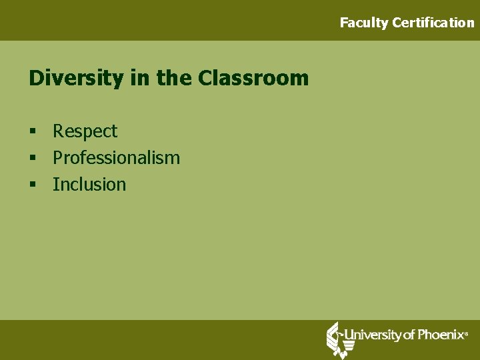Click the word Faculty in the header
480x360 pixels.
click(364, 23)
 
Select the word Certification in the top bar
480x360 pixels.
click(433, 23)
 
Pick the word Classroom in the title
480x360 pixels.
click(253, 79)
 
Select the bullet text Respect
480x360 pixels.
click(85, 131)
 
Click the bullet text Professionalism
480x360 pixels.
click(116, 158)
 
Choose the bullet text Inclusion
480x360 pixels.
click(89, 185)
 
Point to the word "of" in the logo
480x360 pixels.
click(408, 335)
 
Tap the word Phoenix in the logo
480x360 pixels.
click(439, 335)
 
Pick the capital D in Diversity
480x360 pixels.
click(36, 79)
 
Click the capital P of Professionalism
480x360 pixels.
click(57, 158)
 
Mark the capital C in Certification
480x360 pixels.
click(397, 23)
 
